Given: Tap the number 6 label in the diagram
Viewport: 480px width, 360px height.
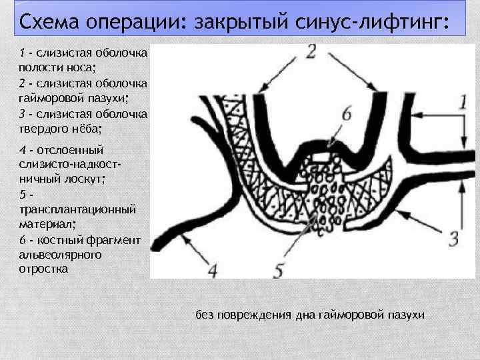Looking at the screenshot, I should pyautogui.click(x=346, y=114).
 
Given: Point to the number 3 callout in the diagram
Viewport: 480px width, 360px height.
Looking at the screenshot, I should pyautogui.click(x=454, y=238).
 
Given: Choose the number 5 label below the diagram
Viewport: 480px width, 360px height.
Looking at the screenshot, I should pyautogui.click(x=280, y=271).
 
